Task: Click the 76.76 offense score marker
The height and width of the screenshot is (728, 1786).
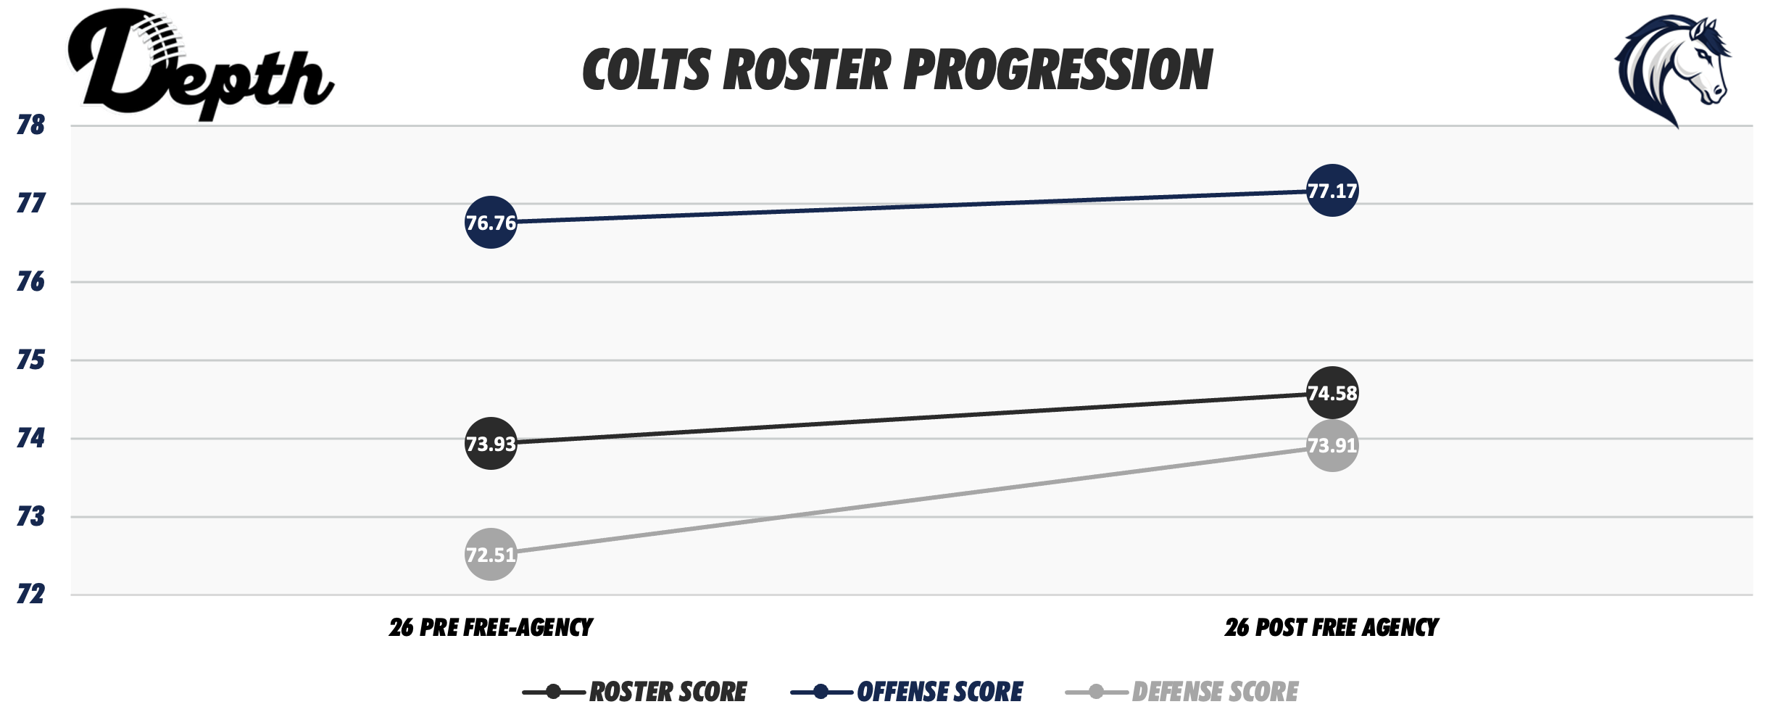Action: [x=491, y=222]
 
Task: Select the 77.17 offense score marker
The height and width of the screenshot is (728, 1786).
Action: [x=1332, y=191]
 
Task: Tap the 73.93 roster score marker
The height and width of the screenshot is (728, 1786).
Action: [x=491, y=443]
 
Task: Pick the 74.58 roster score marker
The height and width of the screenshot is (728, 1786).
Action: [x=1332, y=393]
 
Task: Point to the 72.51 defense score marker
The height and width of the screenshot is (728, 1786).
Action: [x=491, y=555]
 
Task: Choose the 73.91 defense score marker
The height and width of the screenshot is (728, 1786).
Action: [x=1332, y=445]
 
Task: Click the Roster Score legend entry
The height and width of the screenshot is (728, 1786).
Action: [x=635, y=692]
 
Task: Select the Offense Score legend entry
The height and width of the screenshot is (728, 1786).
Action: [x=907, y=692]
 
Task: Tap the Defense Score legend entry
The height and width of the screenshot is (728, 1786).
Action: [x=1182, y=692]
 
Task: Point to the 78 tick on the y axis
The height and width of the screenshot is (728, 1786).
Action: [x=30, y=125]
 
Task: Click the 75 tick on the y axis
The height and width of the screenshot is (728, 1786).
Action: [x=30, y=360]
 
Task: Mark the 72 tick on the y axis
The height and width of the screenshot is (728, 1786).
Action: [x=30, y=595]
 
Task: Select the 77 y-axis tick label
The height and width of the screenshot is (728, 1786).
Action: [x=30, y=204]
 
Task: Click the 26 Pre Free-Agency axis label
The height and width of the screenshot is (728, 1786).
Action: [x=491, y=627]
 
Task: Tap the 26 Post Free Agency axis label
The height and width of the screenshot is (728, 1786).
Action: [x=1332, y=627]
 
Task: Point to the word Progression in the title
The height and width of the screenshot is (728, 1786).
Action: [x=1058, y=71]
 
